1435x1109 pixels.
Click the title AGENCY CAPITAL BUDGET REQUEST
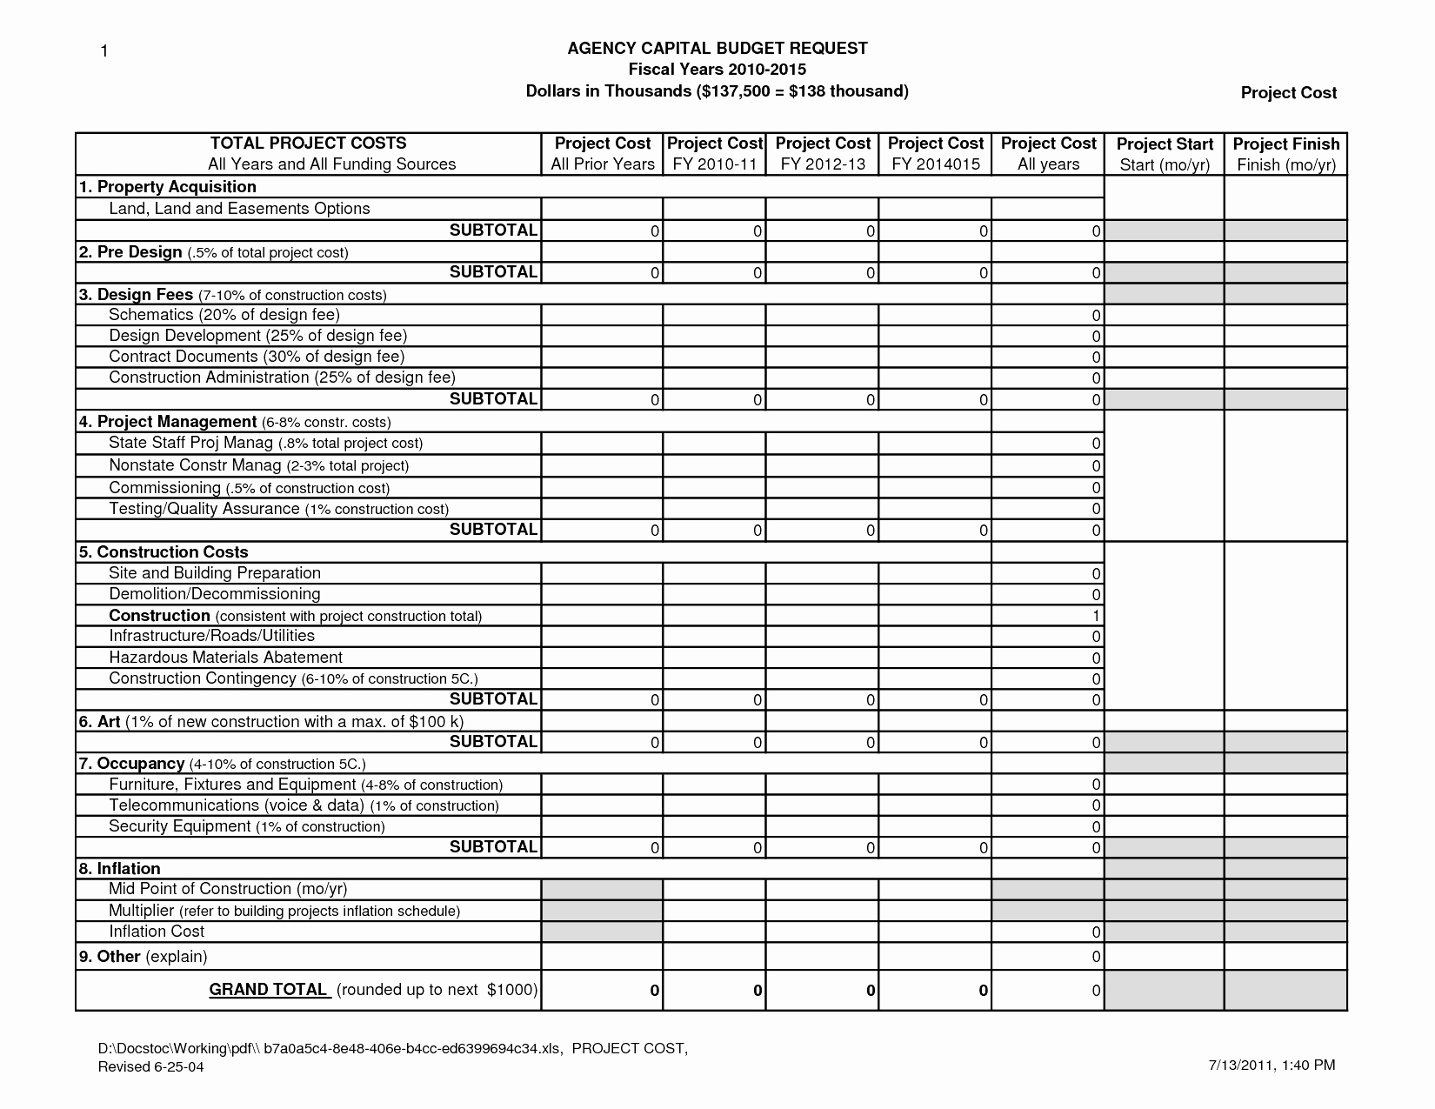(717, 49)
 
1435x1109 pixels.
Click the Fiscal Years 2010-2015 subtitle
(717, 70)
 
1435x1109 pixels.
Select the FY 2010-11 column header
(714, 154)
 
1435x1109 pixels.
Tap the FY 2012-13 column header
(823, 154)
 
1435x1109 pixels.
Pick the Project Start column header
(1165, 154)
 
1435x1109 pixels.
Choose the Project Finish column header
(1286, 154)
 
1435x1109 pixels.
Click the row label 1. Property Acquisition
(168, 187)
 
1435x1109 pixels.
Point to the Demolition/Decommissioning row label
(214, 594)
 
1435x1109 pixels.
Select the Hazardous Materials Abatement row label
(225, 658)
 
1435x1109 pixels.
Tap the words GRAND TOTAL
(268, 990)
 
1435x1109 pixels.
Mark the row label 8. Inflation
(120, 869)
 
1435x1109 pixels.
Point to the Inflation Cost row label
(157, 932)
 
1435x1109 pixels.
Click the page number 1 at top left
(103, 51)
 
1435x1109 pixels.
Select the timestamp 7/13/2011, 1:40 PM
(1271, 1066)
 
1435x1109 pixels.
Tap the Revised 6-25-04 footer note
(150, 1067)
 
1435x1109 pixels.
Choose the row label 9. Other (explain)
(143, 957)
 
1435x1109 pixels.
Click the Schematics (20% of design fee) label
(224, 315)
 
